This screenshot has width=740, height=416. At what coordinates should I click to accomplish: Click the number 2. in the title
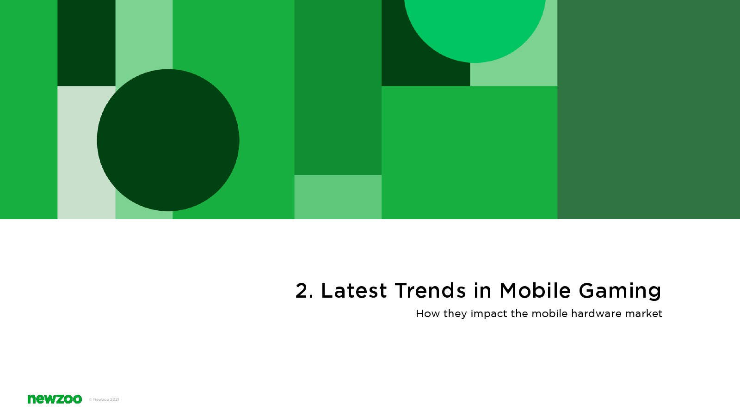tap(304, 291)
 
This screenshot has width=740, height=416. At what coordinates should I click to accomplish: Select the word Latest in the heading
tap(354, 291)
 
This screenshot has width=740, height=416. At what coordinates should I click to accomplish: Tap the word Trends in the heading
tap(430, 291)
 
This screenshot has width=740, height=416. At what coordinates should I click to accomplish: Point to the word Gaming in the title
tap(620, 291)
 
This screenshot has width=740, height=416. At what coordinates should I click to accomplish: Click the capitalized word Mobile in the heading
tap(535, 291)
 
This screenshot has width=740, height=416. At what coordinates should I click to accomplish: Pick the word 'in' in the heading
tap(483, 291)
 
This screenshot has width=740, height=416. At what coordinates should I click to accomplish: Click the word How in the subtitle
tap(428, 313)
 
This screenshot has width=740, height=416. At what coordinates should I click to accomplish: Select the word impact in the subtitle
tap(488, 314)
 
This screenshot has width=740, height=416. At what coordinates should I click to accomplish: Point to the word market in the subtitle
tap(643, 313)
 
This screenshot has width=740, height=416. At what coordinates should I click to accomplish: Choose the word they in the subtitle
tap(455, 314)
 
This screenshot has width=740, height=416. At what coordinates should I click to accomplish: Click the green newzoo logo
tap(55, 399)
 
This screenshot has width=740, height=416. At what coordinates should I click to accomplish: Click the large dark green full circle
tap(168, 140)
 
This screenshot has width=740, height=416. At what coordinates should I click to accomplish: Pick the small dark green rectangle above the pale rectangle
tap(86, 43)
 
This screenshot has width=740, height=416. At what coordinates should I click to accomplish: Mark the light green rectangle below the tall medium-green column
tap(338, 197)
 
